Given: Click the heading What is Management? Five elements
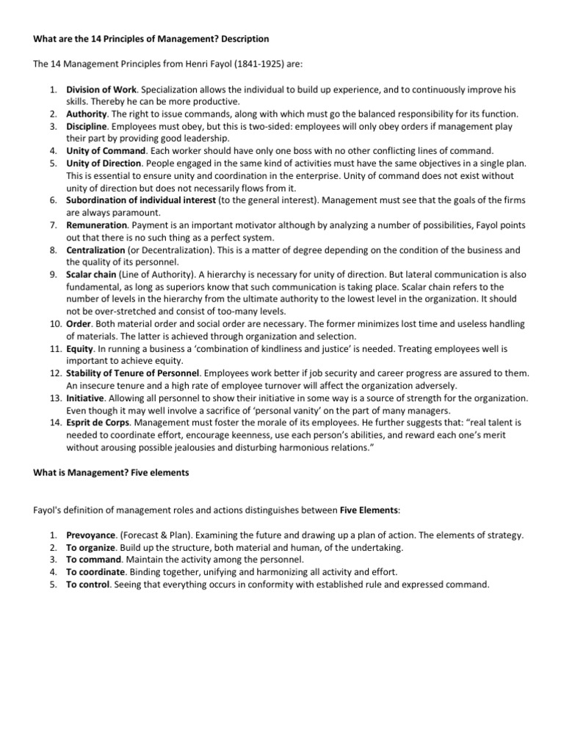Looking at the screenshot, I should click(x=111, y=473).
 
